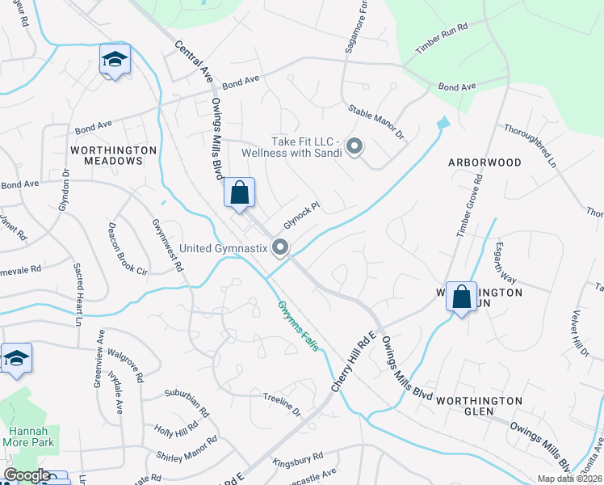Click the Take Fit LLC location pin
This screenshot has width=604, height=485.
354,146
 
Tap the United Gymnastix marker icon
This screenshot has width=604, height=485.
280,247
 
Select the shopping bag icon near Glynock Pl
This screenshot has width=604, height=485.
239,193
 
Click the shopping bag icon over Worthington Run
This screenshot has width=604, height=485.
461,297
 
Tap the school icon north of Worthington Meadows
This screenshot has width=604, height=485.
115,59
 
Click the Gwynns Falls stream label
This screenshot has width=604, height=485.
299,326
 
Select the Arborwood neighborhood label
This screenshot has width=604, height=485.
485,162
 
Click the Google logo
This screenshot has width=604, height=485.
27,475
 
